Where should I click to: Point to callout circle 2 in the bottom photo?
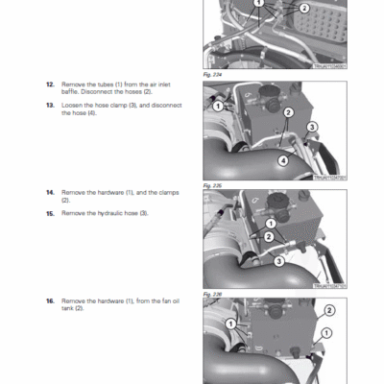(x=328, y=310)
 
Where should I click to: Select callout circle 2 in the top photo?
(x=304, y=9)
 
